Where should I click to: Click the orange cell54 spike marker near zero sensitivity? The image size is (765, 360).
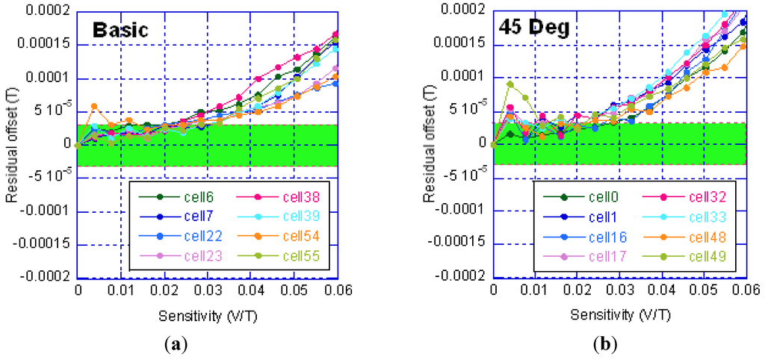point(94,107)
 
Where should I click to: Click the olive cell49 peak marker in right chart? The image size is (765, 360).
point(510,84)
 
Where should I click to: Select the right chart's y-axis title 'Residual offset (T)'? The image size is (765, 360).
point(429,142)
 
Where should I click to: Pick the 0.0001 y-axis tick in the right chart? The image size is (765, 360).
point(464,77)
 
